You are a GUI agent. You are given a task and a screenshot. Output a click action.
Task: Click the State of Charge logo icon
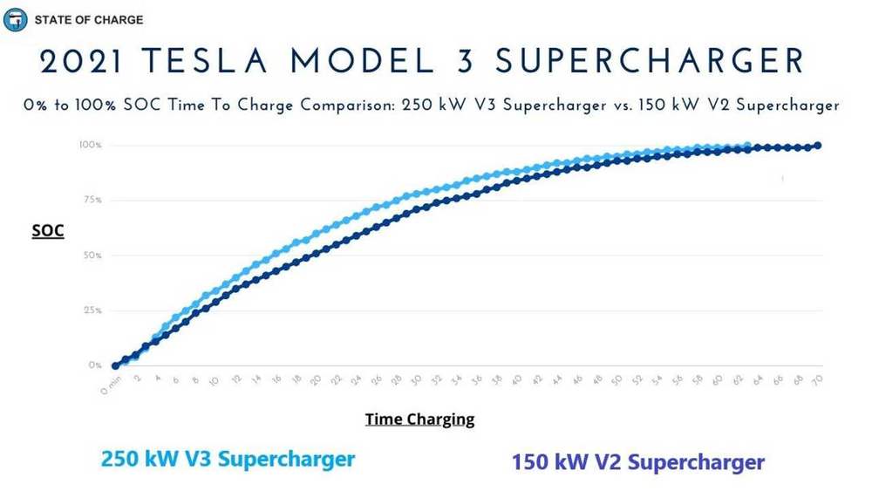pyautogui.click(x=15, y=19)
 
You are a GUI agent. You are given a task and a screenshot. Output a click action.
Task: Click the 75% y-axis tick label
pyautogui.click(x=92, y=200)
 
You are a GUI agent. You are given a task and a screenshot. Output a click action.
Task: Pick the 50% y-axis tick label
pyautogui.click(x=92, y=256)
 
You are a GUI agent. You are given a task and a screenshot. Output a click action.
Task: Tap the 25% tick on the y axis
pyautogui.click(x=92, y=310)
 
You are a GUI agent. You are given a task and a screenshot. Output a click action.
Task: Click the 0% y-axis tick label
pyautogui.click(x=94, y=365)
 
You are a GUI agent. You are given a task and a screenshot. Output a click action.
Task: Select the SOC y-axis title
pyautogui.click(x=48, y=232)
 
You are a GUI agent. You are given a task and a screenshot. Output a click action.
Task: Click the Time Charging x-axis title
pyautogui.click(x=419, y=419)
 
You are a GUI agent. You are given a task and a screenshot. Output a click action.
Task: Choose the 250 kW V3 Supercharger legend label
pyautogui.click(x=228, y=458)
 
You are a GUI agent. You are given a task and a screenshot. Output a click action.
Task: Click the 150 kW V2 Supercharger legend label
pyautogui.click(x=637, y=461)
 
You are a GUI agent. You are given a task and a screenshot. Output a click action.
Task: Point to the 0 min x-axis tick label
pyautogui.click(x=109, y=384)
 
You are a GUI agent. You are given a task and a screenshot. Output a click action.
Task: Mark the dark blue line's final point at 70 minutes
pyautogui.click(x=818, y=146)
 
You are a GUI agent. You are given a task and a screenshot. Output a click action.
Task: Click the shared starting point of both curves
pyautogui.click(x=115, y=365)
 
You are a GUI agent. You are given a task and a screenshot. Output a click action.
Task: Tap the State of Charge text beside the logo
pyautogui.click(x=88, y=19)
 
